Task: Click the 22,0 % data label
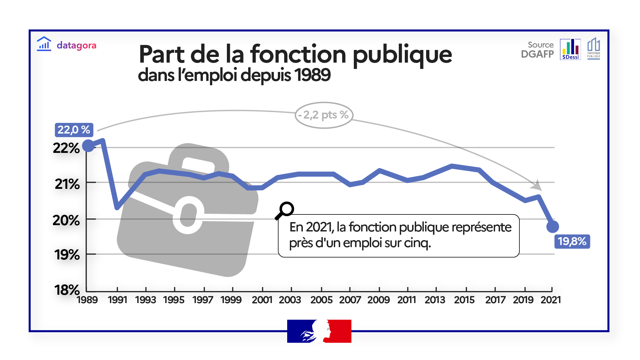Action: (74, 130)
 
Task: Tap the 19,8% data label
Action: (572, 241)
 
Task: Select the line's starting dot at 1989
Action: (89, 146)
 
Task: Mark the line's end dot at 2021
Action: (552, 227)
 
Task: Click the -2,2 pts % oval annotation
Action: (324, 115)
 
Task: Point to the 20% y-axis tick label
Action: (66, 220)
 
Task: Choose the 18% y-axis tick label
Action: (67, 290)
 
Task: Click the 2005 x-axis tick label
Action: (321, 300)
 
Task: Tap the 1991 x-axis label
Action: (118, 300)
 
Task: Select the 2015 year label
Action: (464, 300)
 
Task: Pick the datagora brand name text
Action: (76, 45)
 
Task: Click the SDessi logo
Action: (570, 49)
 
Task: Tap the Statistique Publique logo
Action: (593, 48)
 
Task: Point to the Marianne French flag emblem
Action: (319, 331)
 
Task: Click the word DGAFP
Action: (537, 54)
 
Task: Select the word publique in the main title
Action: (402, 55)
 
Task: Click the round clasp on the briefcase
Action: (188, 215)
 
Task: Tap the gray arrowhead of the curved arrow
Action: (537, 185)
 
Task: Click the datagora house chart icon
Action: (44, 44)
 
